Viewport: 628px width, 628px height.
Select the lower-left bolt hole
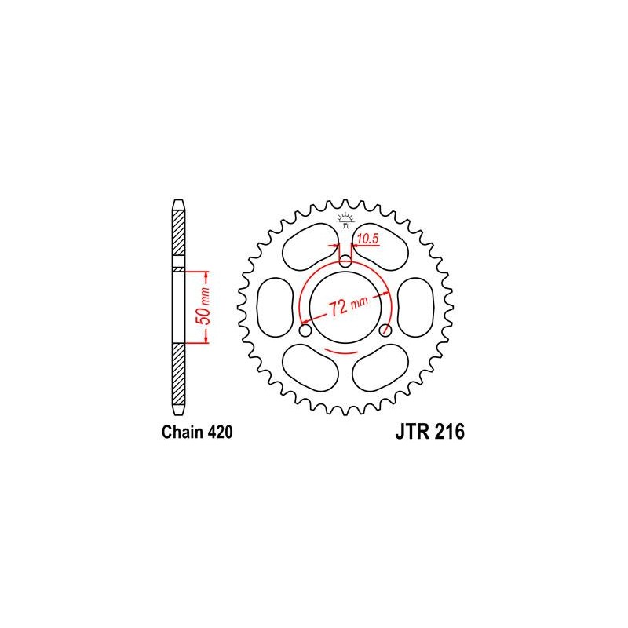(x=307, y=330)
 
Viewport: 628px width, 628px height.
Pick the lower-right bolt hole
(x=385, y=330)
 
